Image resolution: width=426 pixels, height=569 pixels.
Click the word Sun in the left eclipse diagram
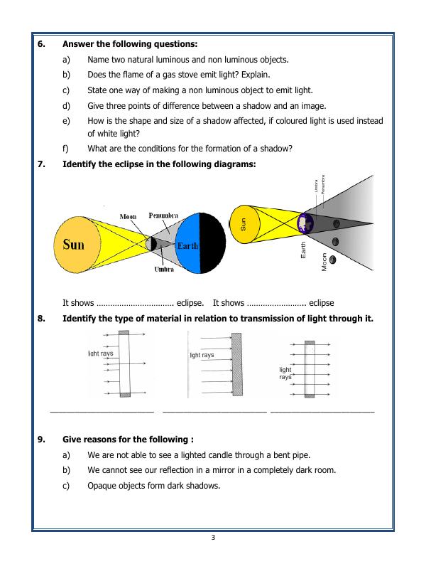click(x=73, y=245)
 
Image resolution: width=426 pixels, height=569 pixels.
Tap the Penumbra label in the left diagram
click(x=163, y=216)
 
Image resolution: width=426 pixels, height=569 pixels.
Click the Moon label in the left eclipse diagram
click(x=129, y=216)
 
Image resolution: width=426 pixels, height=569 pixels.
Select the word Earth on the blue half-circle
click(x=187, y=246)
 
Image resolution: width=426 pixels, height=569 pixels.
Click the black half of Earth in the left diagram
click(x=213, y=244)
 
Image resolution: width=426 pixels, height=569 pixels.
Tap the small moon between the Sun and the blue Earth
click(x=151, y=244)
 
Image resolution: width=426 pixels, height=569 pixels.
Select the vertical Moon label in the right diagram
click(x=324, y=262)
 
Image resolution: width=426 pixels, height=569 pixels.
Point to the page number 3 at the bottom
click(x=212, y=537)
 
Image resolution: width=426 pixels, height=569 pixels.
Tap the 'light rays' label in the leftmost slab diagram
click(x=100, y=353)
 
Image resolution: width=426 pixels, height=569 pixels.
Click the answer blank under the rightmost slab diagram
click(x=322, y=412)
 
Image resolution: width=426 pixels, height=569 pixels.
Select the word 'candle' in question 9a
click(x=203, y=454)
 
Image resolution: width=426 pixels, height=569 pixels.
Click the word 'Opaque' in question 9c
click(x=102, y=486)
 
